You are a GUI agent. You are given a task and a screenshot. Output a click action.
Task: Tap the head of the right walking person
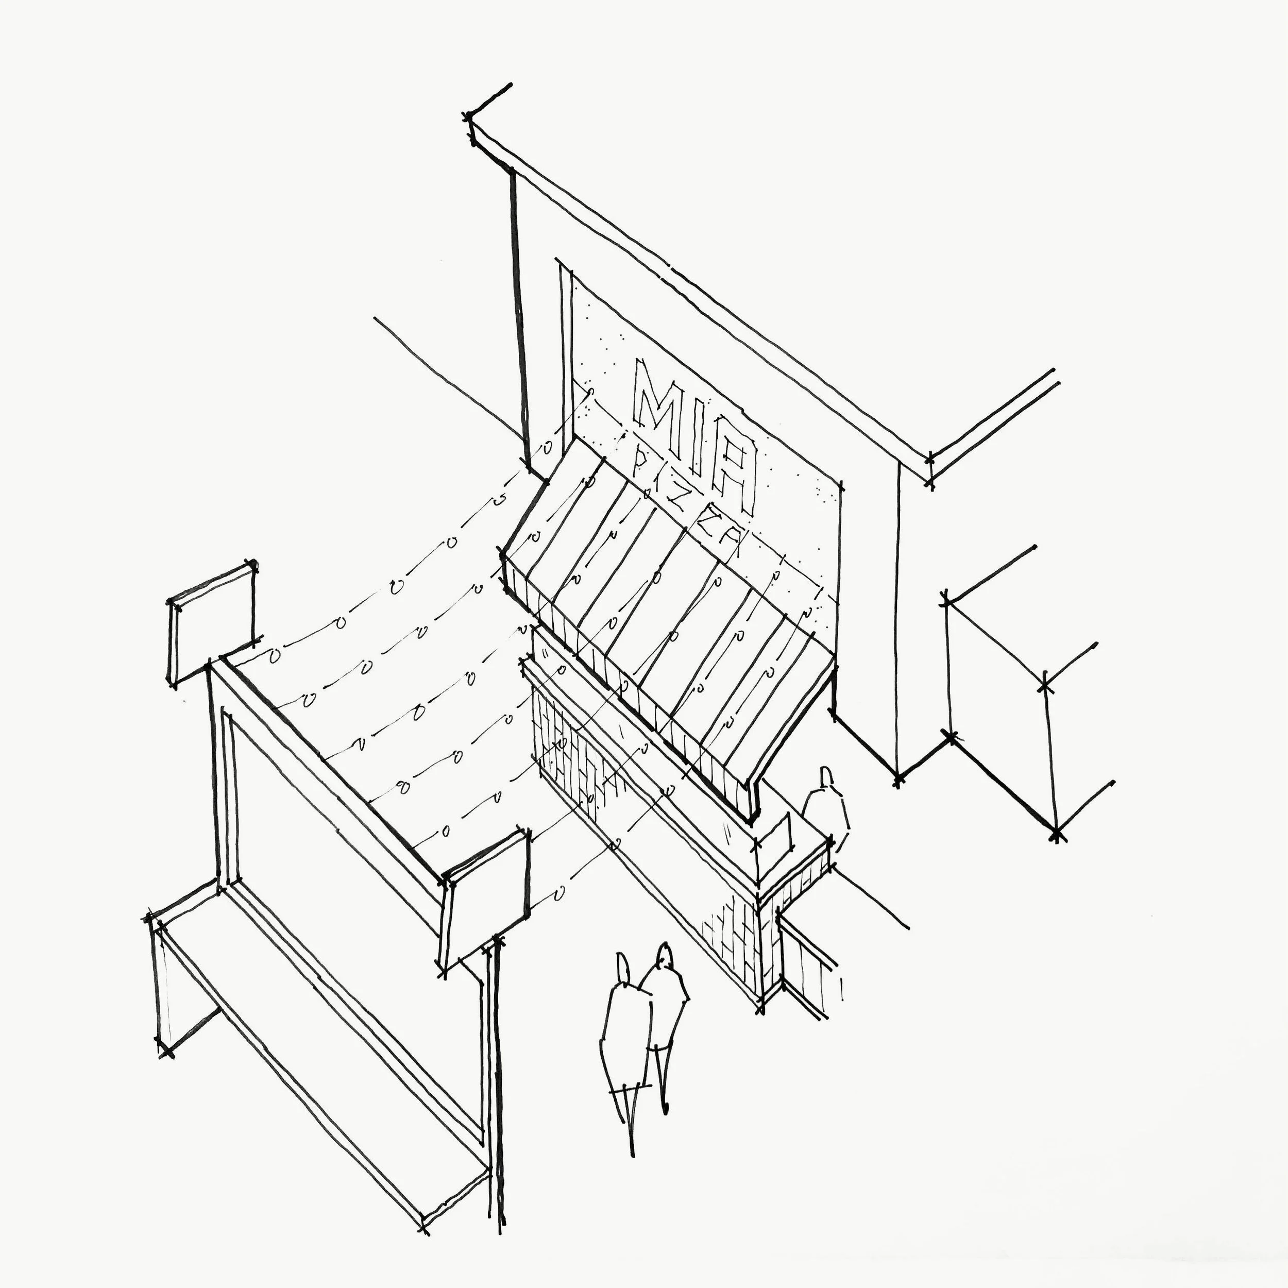(x=664, y=957)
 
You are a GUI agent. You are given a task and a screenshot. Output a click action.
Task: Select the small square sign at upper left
(x=212, y=623)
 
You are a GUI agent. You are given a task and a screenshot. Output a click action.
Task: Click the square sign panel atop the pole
(x=485, y=900)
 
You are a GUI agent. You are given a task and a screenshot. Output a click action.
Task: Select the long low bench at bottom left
(x=320, y=1040)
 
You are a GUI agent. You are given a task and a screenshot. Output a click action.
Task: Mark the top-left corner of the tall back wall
(x=470, y=120)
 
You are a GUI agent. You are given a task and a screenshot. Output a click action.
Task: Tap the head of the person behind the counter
(x=827, y=777)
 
